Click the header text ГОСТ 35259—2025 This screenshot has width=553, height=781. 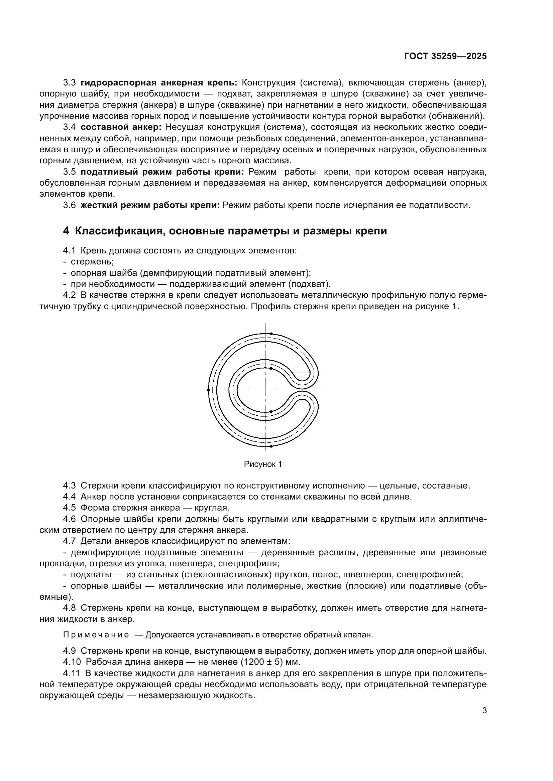[445, 56]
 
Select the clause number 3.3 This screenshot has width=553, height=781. [69, 83]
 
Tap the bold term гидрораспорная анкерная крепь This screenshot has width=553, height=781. [159, 83]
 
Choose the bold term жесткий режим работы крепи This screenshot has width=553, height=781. [150, 205]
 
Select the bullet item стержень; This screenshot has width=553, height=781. [92, 261]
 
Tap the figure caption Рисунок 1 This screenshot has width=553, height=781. [263, 464]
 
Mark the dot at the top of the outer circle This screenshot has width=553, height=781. [271, 334]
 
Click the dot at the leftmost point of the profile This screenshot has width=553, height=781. [208, 390]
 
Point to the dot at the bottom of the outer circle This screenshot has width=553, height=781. [271, 446]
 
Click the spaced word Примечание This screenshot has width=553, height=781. [96, 635]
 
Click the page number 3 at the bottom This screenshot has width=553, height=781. [484, 711]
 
